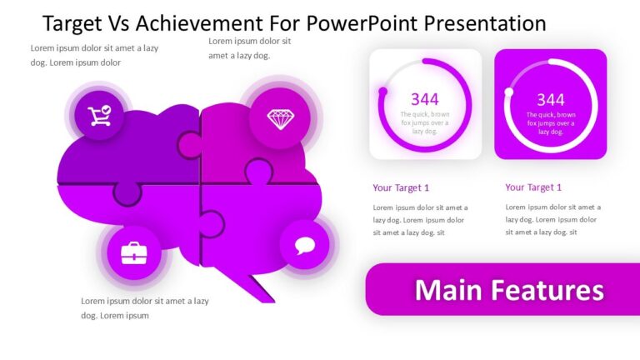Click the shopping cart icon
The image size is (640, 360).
click(100, 116)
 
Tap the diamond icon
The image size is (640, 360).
click(279, 118)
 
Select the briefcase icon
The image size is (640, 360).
click(133, 252)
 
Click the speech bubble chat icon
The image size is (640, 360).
click(305, 246)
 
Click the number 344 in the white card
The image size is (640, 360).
click(424, 100)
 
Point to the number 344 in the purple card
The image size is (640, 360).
click(550, 100)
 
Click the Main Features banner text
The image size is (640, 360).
click(509, 290)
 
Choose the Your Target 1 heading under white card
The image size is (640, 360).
click(401, 187)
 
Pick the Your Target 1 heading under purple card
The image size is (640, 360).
click(533, 187)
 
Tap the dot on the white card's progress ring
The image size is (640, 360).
click(382, 92)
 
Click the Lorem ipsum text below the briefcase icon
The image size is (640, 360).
click(144, 307)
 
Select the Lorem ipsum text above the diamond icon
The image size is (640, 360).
click(250, 47)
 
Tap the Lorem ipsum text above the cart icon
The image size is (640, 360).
click(94, 55)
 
